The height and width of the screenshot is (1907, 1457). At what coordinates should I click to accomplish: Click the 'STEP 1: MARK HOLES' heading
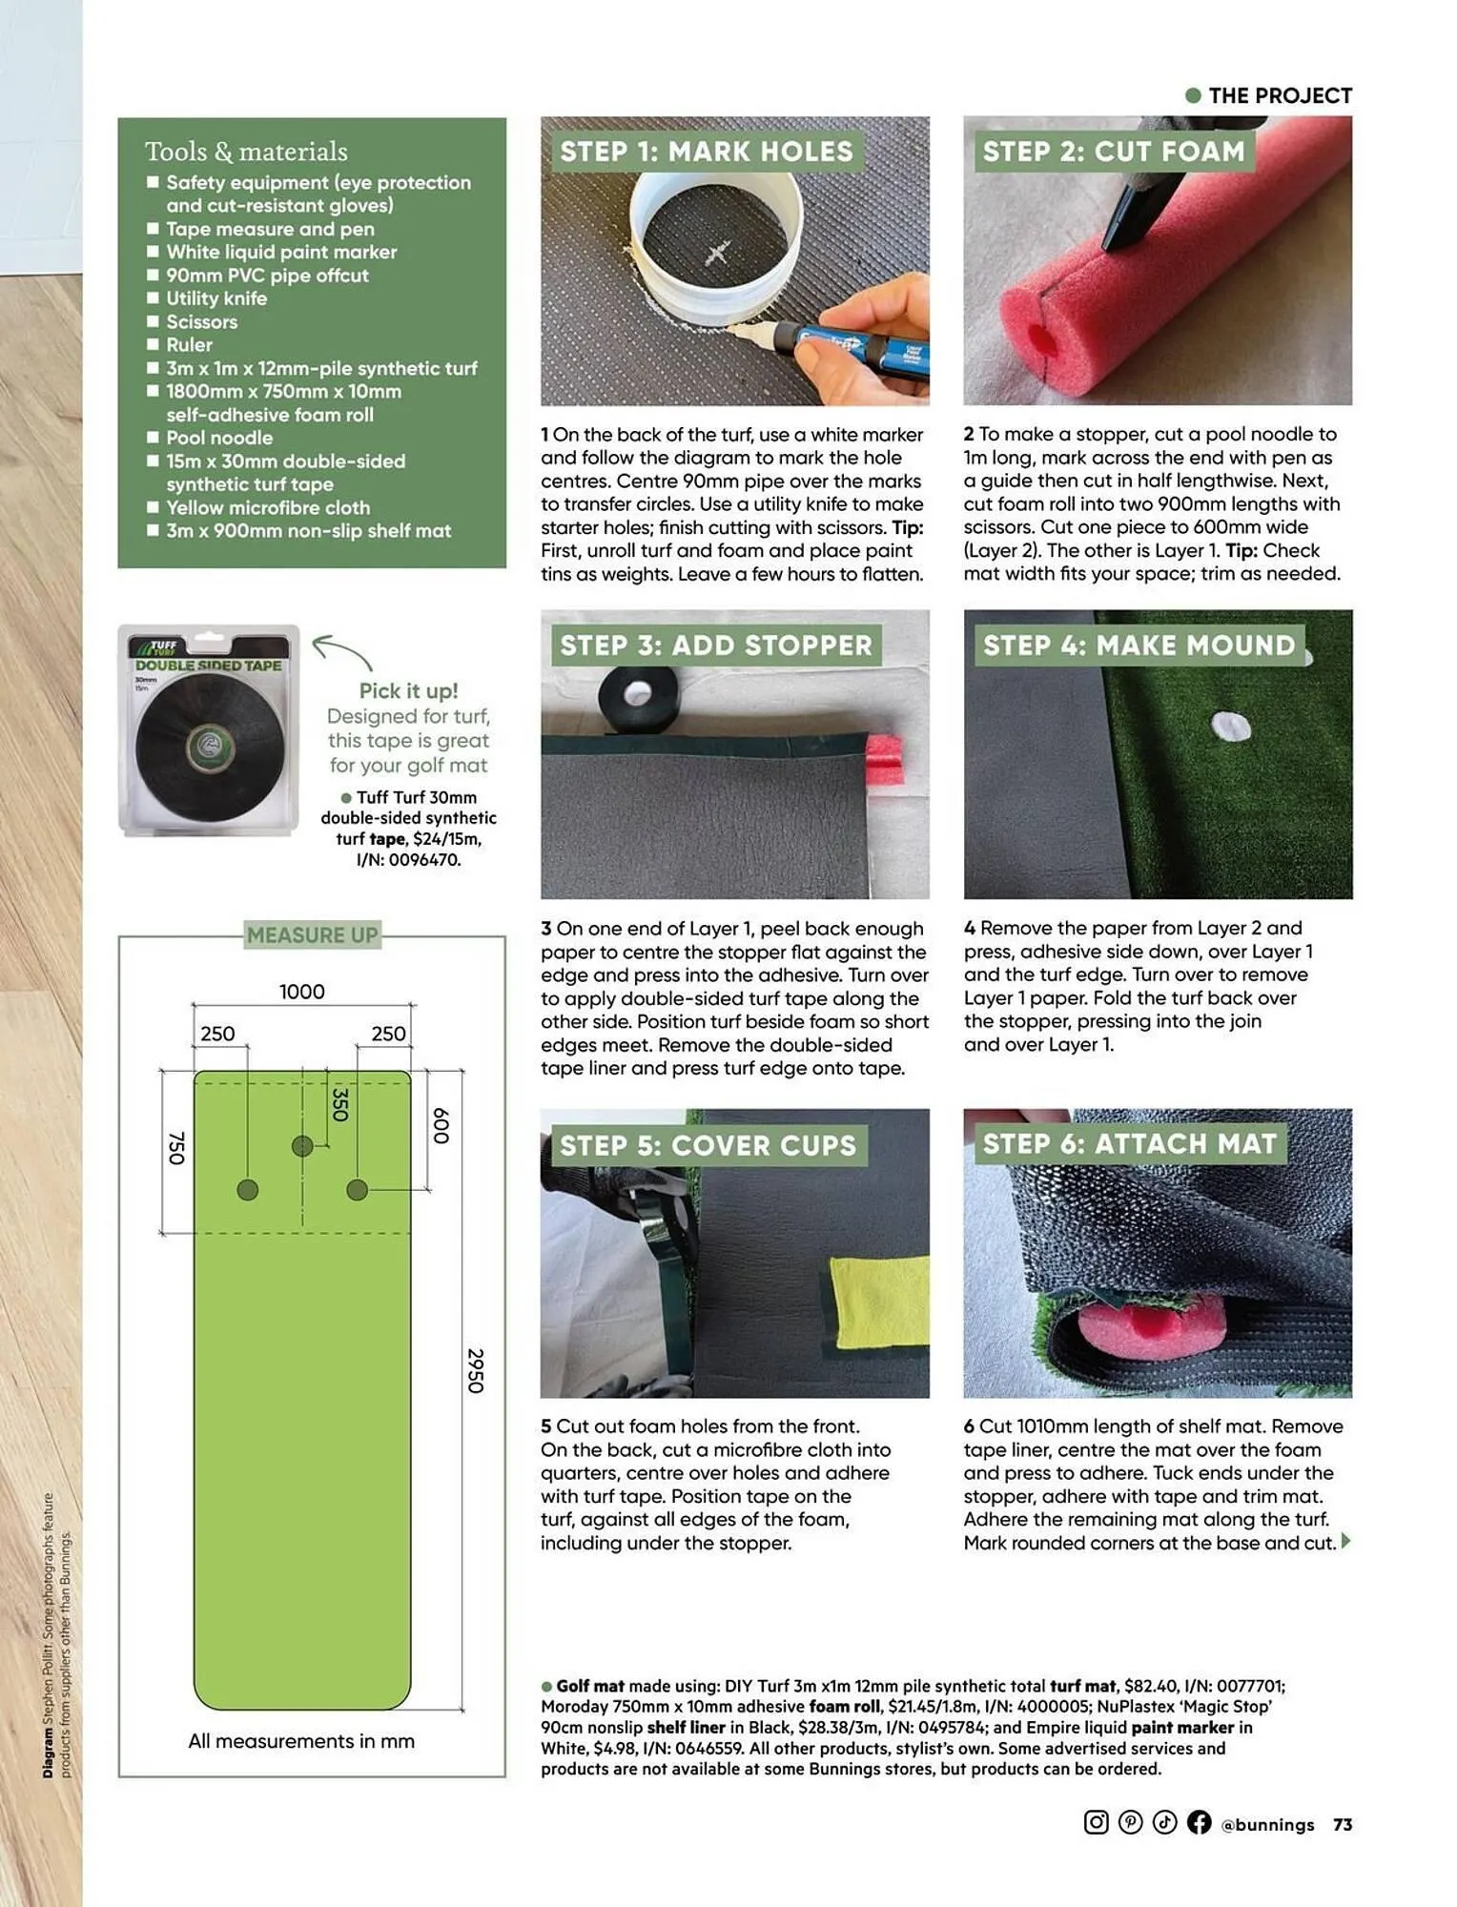[x=706, y=152]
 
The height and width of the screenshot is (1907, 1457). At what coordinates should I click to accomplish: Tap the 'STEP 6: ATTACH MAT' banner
[x=1129, y=1143]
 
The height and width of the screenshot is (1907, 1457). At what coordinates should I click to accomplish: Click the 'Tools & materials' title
[x=246, y=152]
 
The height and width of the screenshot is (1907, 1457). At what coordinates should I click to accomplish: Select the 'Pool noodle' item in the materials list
[x=219, y=438]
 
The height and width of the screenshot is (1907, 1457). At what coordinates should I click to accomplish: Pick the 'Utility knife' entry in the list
[x=216, y=298]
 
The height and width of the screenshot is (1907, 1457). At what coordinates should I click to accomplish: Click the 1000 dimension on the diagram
[x=301, y=992]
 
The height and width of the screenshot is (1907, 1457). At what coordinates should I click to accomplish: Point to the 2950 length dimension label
[x=475, y=1370]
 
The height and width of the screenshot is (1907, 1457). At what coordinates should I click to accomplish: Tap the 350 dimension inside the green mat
[x=339, y=1103]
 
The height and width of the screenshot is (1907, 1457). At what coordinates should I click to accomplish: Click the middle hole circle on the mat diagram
[x=302, y=1145]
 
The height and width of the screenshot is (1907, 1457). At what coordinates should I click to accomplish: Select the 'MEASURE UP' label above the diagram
[x=312, y=935]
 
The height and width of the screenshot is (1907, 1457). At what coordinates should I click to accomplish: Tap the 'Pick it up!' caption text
[x=408, y=690]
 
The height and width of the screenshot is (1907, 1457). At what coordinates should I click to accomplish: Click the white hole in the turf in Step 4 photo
[x=1229, y=727]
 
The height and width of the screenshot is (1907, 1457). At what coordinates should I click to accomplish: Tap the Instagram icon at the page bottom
[x=1096, y=1822]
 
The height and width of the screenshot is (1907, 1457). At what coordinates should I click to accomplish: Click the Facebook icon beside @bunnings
[x=1199, y=1822]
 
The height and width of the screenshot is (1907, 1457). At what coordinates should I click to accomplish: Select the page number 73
[x=1342, y=1824]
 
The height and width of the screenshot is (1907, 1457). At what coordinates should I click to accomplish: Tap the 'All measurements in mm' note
[x=301, y=1741]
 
